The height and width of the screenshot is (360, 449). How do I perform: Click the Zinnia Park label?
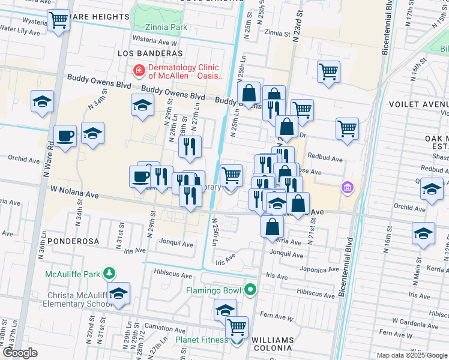pos(166,27)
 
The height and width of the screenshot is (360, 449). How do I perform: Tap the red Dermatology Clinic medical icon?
pos(139,71)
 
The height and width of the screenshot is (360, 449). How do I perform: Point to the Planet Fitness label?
pos(201,340)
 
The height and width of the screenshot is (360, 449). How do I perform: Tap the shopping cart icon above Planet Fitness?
pos(237,327)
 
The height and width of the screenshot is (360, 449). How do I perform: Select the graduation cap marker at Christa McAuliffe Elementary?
pos(118,293)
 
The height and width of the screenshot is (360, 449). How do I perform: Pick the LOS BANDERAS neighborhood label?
pos(143,53)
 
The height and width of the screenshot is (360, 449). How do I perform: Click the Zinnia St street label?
pos(276,33)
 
